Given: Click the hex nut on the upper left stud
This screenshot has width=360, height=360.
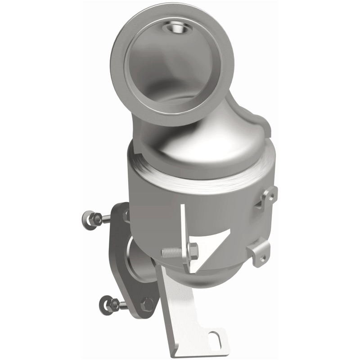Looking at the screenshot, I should (x=96, y=219).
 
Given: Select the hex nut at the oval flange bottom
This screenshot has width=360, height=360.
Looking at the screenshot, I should (x=147, y=304).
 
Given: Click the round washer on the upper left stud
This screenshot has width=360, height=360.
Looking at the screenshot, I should (x=88, y=220).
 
